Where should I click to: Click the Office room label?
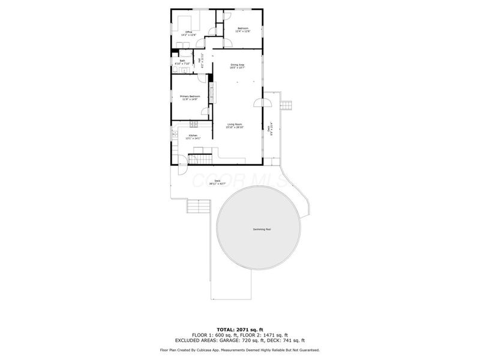pyautogui.click(x=188, y=33)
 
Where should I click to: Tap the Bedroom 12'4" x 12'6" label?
pyautogui.click(x=243, y=30)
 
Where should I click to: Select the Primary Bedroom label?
pyautogui.click(x=190, y=97)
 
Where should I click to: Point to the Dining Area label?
pyautogui.click(x=238, y=66)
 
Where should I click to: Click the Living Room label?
pyautogui.click(x=234, y=126)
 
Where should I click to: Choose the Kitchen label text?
pyautogui.click(x=193, y=137)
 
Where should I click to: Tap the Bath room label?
pyautogui.click(x=182, y=62)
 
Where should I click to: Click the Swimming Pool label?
pyautogui.click(x=260, y=230)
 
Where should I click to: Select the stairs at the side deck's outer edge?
pyautogui.click(x=287, y=106)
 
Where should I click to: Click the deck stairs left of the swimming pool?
pyautogui.click(x=197, y=207)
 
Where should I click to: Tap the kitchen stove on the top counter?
pyautogui.click(x=194, y=124)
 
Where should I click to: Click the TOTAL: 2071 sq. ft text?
pyautogui.click(x=240, y=330)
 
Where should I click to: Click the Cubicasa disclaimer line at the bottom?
pyautogui.click(x=240, y=350)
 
